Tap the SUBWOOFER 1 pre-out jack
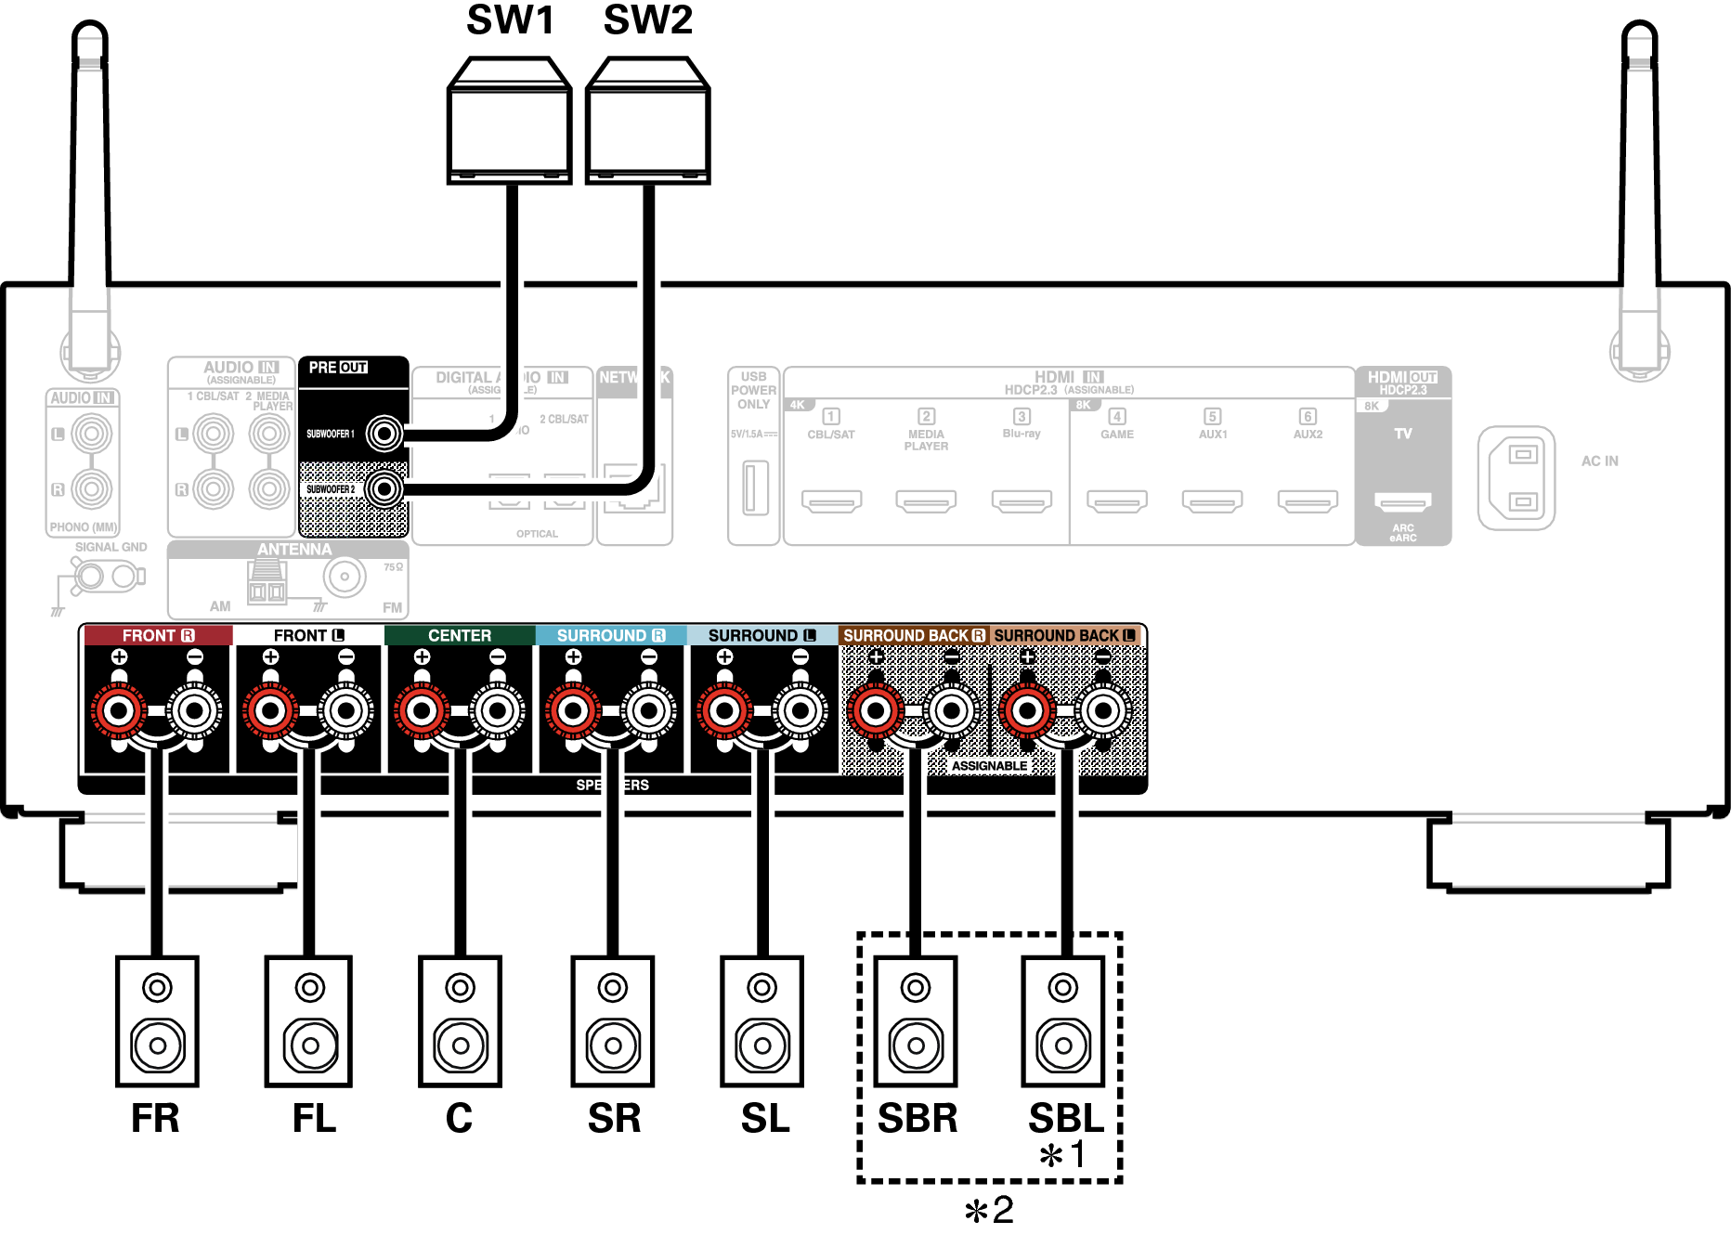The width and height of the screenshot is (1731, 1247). [384, 433]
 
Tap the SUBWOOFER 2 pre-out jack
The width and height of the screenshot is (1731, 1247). [384, 488]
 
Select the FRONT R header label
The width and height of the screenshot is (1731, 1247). [158, 635]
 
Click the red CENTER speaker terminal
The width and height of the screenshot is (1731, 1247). [422, 711]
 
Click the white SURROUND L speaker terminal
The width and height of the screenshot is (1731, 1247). [800, 711]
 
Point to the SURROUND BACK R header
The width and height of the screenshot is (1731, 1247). [914, 635]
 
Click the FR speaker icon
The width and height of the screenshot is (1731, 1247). [157, 1021]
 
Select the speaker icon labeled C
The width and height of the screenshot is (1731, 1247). [460, 1021]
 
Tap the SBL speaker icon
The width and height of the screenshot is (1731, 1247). [1063, 1021]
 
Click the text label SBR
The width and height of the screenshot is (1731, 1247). [917, 1118]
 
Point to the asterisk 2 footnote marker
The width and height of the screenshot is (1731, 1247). [988, 1210]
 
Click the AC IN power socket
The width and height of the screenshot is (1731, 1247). [1516, 478]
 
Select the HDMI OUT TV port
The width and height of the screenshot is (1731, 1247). [1402, 502]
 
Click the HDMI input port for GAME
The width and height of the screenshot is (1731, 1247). [1116, 501]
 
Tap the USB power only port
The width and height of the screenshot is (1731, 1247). [755, 487]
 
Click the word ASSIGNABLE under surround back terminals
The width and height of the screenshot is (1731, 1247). [989, 766]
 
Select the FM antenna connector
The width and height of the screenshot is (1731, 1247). [345, 577]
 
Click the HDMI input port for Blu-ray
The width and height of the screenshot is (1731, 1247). [1021, 501]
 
